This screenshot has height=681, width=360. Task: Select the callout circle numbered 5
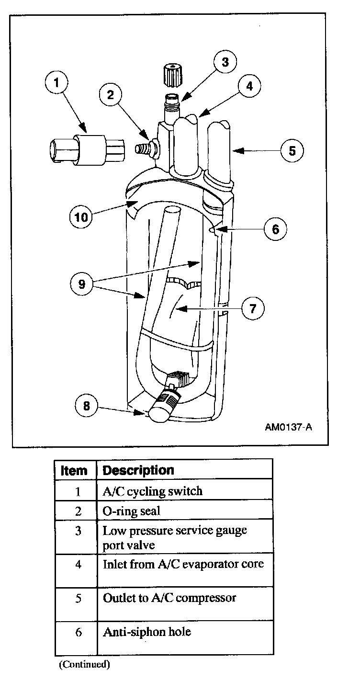pos(292,150)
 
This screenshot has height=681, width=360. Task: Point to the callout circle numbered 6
pos(275,229)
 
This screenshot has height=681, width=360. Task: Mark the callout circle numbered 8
pos(87,406)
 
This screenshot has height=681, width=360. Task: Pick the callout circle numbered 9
pos(82,284)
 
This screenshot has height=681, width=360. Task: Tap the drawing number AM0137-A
pos(288,427)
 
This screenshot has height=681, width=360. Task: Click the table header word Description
pos(138,470)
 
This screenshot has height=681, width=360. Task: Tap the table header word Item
pos(75,470)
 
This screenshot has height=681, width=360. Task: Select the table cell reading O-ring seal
pos(132,511)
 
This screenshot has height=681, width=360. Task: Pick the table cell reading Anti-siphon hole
pos(147,632)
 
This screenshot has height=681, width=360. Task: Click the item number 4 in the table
pos(79,564)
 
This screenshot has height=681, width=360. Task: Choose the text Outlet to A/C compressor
pos(169,598)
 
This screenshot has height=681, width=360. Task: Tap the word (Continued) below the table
pos(84,664)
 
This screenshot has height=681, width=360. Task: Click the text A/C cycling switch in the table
pos(153,491)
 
